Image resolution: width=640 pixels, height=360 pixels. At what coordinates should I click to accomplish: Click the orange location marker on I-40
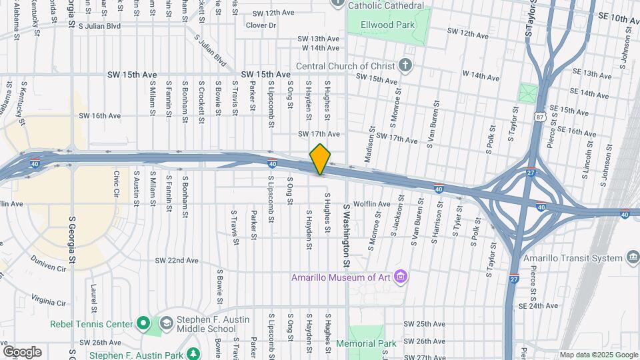(320, 159)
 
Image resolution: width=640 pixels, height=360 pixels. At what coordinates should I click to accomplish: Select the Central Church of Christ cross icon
(405, 66)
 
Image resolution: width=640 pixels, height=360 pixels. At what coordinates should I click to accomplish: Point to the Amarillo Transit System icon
(633, 258)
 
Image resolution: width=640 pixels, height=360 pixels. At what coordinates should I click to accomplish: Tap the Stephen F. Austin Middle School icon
(166, 325)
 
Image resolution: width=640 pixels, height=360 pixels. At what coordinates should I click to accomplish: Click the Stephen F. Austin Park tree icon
(193, 353)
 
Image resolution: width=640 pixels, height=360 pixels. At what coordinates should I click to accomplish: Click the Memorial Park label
(366, 343)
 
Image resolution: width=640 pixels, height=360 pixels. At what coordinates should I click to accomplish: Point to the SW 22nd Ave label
(177, 260)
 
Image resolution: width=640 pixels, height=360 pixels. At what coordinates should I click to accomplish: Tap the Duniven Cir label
(53, 269)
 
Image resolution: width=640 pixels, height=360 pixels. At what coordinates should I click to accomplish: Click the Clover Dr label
(261, 25)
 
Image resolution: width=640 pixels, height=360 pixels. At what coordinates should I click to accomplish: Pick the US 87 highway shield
(538, 117)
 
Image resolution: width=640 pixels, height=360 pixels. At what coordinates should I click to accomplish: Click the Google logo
(22, 351)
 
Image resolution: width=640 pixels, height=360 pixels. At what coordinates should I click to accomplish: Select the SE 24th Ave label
(538, 306)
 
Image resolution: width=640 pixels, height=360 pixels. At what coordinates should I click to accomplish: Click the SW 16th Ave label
(100, 115)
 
